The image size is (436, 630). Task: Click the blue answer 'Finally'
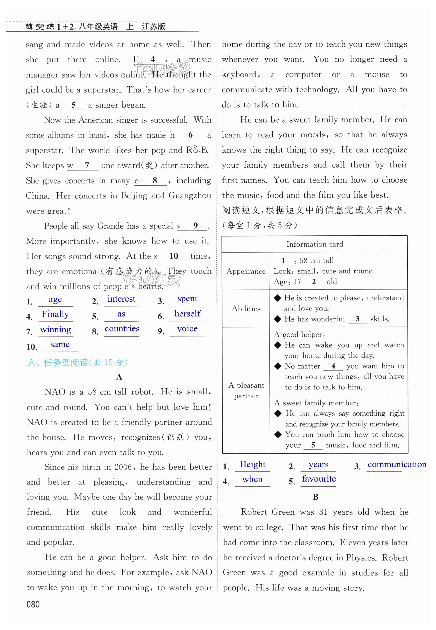coord(55,314)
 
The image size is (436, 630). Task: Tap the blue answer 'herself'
coord(187,314)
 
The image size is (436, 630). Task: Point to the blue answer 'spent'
coord(187,299)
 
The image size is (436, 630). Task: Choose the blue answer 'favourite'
coord(319,479)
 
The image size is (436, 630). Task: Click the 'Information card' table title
coord(315,244)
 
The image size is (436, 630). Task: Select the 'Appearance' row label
coord(246,271)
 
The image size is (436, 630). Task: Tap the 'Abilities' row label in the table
coord(246,309)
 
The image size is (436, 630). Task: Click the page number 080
coord(33,604)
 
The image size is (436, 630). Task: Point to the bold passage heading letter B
coord(316,497)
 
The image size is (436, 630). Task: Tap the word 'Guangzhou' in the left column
coord(190,196)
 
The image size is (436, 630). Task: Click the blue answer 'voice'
coord(187,329)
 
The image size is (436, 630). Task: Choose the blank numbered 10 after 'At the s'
coord(174,256)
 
